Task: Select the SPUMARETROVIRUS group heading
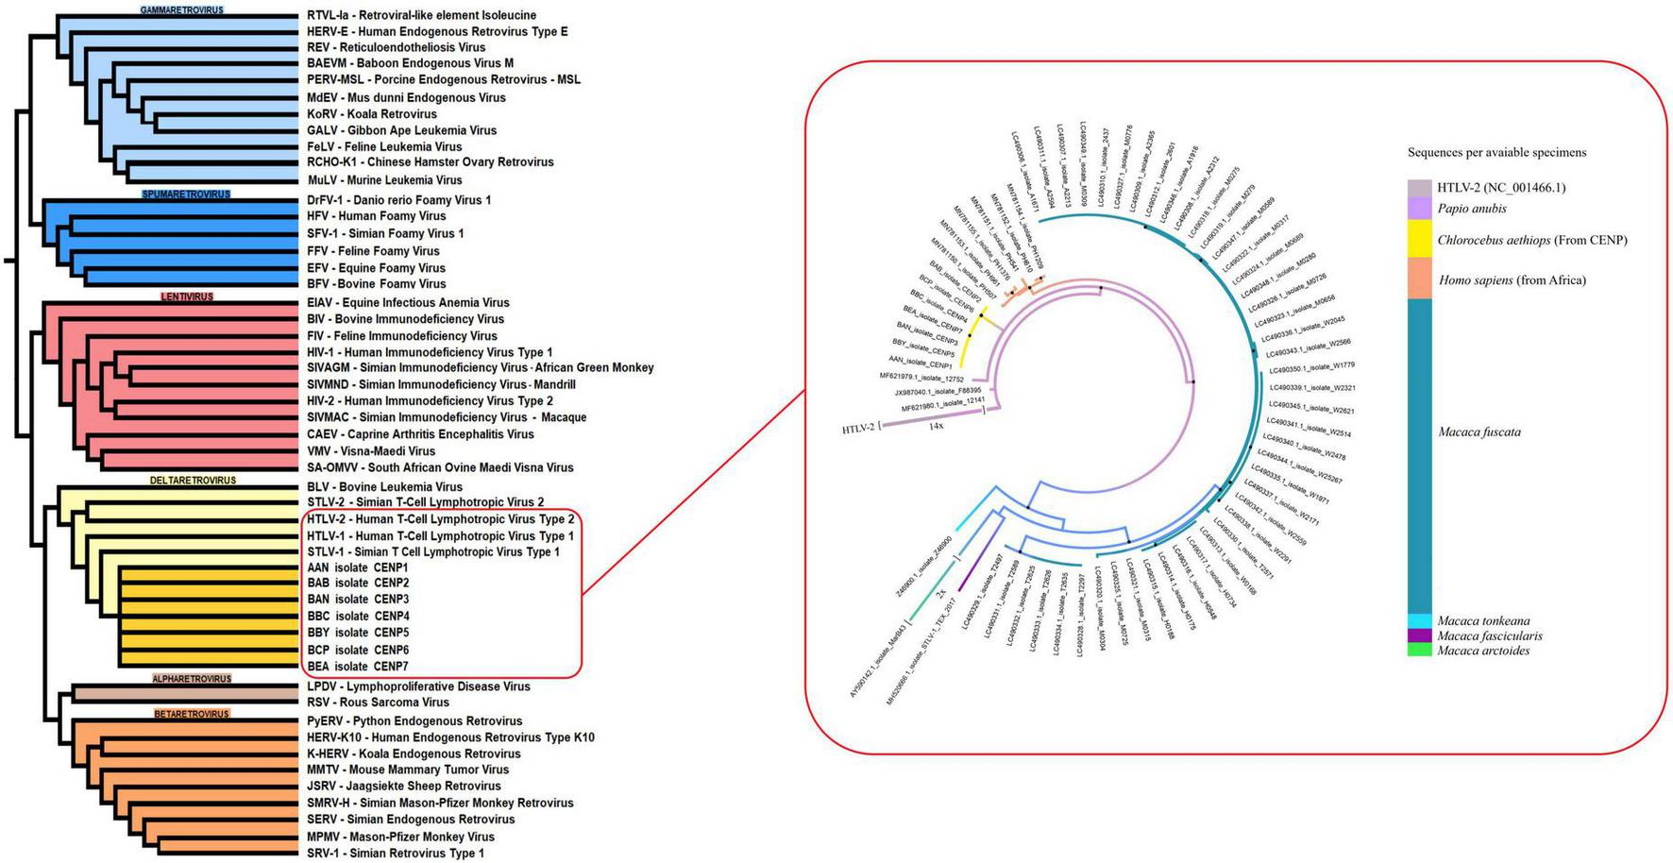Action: [186, 195]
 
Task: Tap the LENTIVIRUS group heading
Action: [187, 296]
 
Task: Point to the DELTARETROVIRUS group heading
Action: [193, 481]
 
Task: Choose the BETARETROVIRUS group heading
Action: [192, 714]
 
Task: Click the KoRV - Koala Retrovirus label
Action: [372, 114]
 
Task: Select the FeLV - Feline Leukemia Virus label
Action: [384, 147]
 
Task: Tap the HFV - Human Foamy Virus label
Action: [376, 216]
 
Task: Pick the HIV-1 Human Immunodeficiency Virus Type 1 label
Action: [430, 352]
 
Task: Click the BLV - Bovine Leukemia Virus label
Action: [384, 487]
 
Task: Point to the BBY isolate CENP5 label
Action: [358, 633]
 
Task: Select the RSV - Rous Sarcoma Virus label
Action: [377, 702]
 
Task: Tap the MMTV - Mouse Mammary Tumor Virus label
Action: [408, 770]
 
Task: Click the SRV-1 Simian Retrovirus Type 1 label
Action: [396, 854]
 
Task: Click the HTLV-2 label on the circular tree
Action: [857, 430]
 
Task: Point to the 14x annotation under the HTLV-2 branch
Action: [937, 427]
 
